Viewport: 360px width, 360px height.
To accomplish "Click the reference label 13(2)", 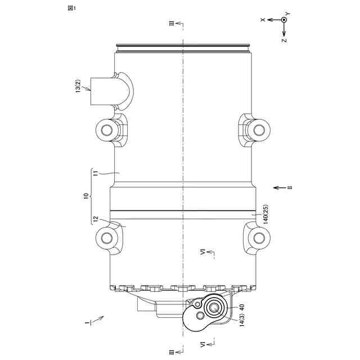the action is click(78, 86).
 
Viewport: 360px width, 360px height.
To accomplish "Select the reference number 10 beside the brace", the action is click(86, 196).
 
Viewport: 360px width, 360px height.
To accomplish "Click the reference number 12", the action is click(96, 219).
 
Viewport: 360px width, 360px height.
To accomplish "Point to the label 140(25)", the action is click(265, 214).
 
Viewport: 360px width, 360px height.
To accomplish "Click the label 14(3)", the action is click(242, 319).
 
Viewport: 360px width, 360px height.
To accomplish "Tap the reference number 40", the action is click(242, 307).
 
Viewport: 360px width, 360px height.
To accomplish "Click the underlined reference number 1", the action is click(87, 323).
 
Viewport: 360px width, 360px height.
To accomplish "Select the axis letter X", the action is click(263, 20).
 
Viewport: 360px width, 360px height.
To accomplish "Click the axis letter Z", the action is click(284, 40).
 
